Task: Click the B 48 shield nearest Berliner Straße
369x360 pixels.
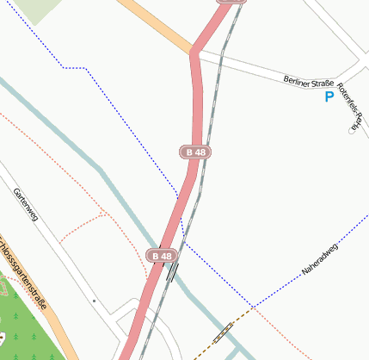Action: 196,152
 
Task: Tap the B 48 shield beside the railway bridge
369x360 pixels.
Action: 161,256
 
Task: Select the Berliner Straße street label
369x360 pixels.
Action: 308,83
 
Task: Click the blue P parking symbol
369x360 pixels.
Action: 329,97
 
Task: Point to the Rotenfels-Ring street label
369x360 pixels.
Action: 353,107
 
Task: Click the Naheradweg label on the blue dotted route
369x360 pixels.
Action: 320,259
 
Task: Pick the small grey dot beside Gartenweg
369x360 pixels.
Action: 94,301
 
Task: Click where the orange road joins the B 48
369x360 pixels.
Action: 194,53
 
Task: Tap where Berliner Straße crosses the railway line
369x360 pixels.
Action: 222,59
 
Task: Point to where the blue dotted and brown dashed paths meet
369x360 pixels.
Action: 252,307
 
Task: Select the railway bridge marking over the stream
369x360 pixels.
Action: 173,272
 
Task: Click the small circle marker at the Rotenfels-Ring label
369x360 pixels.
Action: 351,131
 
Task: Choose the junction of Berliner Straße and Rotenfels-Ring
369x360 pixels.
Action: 338,80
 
